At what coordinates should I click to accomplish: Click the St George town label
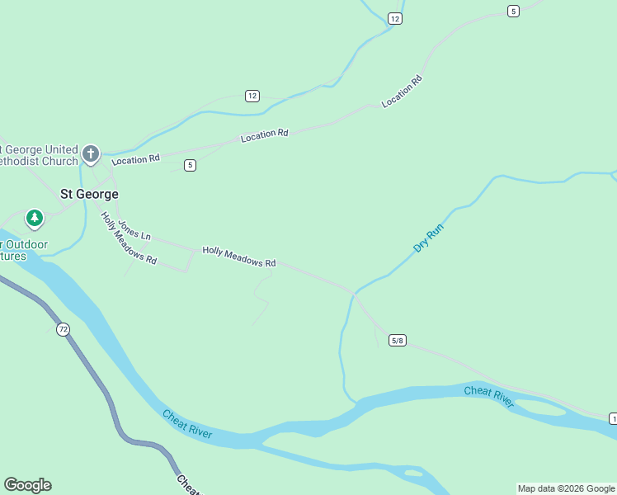[x=89, y=194]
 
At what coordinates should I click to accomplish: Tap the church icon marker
[x=91, y=153]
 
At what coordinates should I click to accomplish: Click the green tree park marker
[x=34, y=219]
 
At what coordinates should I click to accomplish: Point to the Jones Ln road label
[x=134, y=230]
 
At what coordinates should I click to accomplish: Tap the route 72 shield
[x=64, y=329]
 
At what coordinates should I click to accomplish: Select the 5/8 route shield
[x=398, y=340]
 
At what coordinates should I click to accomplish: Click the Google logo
[x=27, y=484]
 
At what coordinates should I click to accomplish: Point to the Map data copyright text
[x=566, y=488]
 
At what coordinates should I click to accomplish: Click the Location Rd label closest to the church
[x=135, y=159]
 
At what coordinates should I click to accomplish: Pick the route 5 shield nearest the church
[x=191, y=165]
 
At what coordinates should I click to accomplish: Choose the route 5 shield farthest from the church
[x=514, y=11]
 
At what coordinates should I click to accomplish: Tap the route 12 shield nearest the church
[x=252, y=96]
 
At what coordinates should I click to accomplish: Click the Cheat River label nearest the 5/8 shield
[x=488, y=397]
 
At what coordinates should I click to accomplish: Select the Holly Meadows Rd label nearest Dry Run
[x=239, y=257]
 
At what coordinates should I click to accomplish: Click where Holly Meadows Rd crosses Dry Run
[x=355, y=292]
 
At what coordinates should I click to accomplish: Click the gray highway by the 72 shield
[x=82, y=355]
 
